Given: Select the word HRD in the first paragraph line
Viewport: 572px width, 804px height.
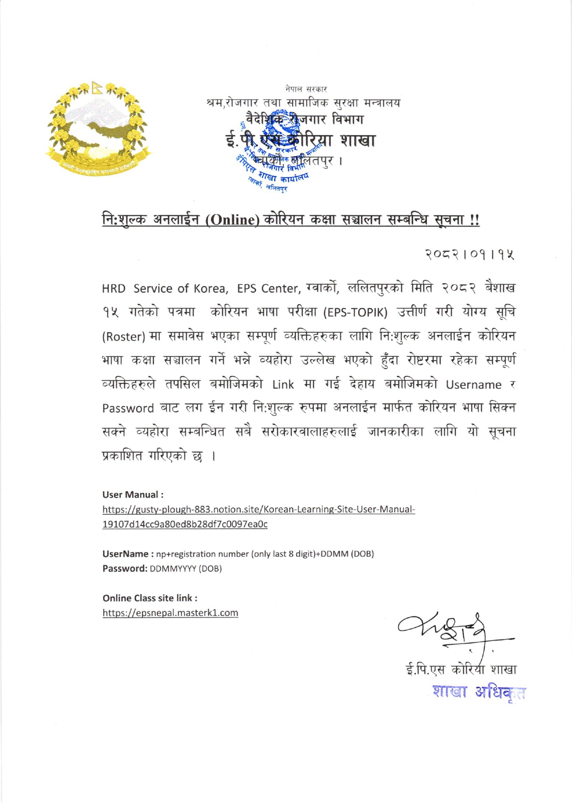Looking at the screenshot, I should tap(113, 289).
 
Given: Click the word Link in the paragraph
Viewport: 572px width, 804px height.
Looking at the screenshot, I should tap(283, 385).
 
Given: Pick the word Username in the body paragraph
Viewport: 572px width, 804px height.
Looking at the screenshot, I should tap(473, 385).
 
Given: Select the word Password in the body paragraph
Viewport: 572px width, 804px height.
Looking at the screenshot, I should tap(128, 408).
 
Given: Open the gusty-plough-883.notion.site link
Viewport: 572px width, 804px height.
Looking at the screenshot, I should tap(258, 510).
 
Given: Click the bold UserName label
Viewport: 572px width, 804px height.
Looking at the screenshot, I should tap(125, 554).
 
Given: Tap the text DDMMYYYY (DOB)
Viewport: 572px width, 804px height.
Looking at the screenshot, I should tap(186, 569).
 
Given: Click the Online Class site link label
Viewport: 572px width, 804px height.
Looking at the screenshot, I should tap(150, 598).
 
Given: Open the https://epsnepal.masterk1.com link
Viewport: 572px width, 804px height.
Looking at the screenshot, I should tap(170, 613).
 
